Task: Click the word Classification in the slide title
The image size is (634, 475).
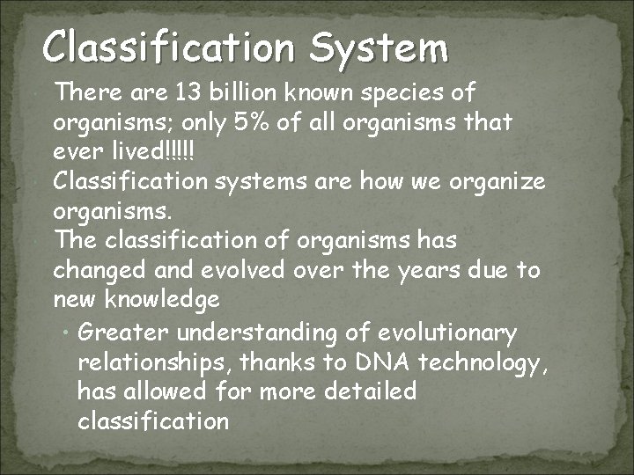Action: point(168,47)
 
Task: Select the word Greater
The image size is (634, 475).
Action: point(122,332)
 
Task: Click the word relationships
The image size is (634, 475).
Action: point(154,362)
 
